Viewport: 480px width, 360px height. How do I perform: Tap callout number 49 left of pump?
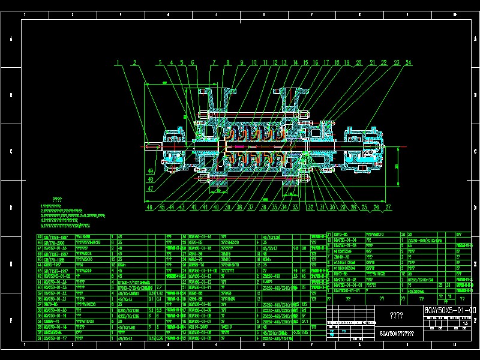(x=150, y=170)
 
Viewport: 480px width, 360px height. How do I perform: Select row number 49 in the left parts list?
(x=40, y=237)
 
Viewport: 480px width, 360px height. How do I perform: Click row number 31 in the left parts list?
(x=40, y=339)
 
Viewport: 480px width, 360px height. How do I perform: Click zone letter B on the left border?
(x=11, y=95)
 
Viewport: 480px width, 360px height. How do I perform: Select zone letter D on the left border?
(x=11, y=208)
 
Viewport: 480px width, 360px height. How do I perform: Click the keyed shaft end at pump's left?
(x=152, y=146)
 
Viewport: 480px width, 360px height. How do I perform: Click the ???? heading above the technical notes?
(x=57, y=200)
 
